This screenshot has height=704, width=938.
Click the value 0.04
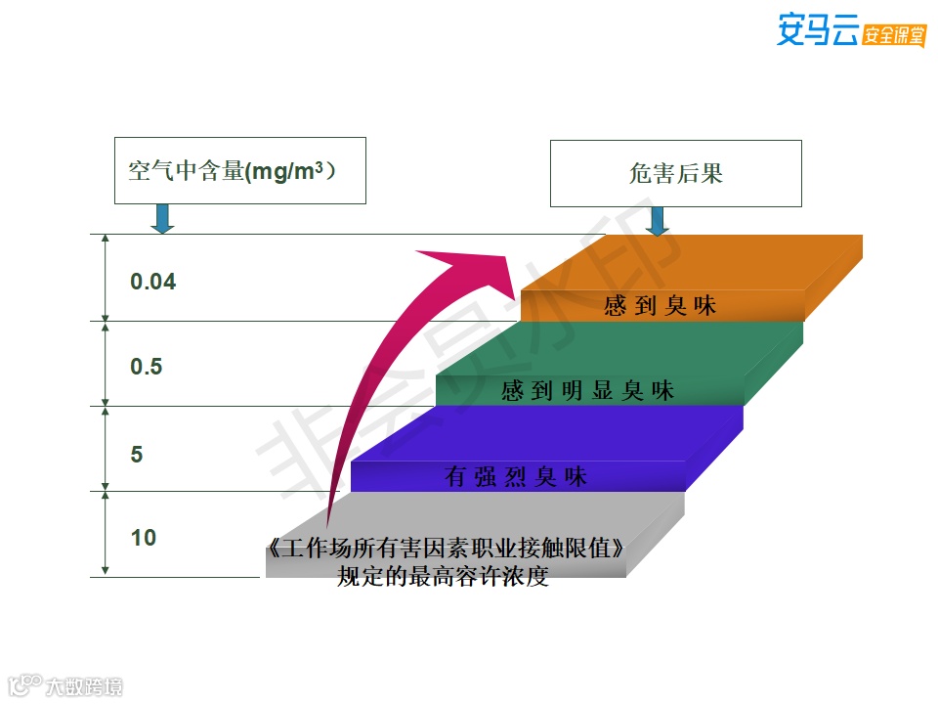(153, 283)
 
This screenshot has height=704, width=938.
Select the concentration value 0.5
(147, 368)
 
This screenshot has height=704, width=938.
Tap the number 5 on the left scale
(137, 455)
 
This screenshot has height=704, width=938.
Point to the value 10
(143, 538)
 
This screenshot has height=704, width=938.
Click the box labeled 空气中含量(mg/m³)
(239, 171)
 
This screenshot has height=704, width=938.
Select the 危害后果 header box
(675, 173)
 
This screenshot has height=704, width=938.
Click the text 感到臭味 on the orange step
(661, 306)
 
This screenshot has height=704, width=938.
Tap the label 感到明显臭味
(588, 391)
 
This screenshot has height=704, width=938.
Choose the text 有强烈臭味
(516, 477)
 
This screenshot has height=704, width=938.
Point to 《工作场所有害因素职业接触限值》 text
(445, 550)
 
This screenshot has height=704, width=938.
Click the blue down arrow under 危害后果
(658, 221)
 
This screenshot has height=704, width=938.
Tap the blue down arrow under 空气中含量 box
(163, 219)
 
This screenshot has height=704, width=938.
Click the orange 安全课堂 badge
(894, 34)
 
